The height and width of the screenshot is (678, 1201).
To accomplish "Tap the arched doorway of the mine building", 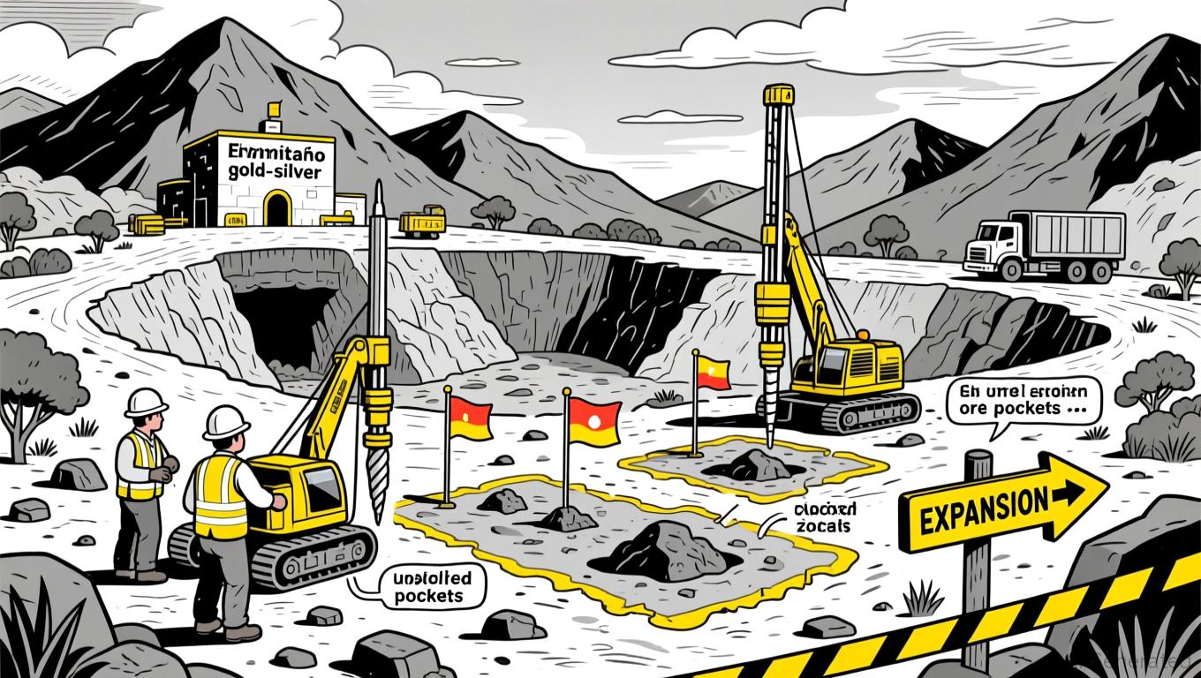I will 277,208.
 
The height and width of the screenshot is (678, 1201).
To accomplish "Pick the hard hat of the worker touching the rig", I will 226,422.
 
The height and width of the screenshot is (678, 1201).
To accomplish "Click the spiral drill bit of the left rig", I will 378,481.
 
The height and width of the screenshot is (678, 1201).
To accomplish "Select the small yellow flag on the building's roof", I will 273,110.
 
